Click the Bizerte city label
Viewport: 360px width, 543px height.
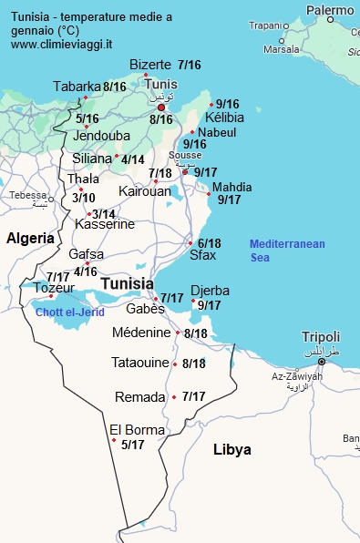pos(150,65)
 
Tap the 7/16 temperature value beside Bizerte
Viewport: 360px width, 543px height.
pos(190,65)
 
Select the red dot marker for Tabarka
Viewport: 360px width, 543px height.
pos(86,97)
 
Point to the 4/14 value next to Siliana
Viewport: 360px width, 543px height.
pos(133,159)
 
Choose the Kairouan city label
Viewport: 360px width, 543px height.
pos(144,191)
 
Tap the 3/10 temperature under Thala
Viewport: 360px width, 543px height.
pos(84,198)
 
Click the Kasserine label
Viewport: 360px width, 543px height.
pos(105,224)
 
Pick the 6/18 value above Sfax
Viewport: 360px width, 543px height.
pos(209,243)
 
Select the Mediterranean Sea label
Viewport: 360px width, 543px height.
pos(286,251)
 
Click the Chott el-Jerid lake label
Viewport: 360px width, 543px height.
pos(70,312)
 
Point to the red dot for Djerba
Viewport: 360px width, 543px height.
pos(193,300)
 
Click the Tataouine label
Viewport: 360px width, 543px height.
pos(140,363)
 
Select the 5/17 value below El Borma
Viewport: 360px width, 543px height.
pos(133,445)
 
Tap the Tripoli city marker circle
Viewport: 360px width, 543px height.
pos(321,362)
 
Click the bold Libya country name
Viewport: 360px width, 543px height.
pos(231,450)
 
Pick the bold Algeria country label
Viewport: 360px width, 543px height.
pos(30,238)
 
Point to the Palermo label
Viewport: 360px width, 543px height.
pos(330,11)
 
